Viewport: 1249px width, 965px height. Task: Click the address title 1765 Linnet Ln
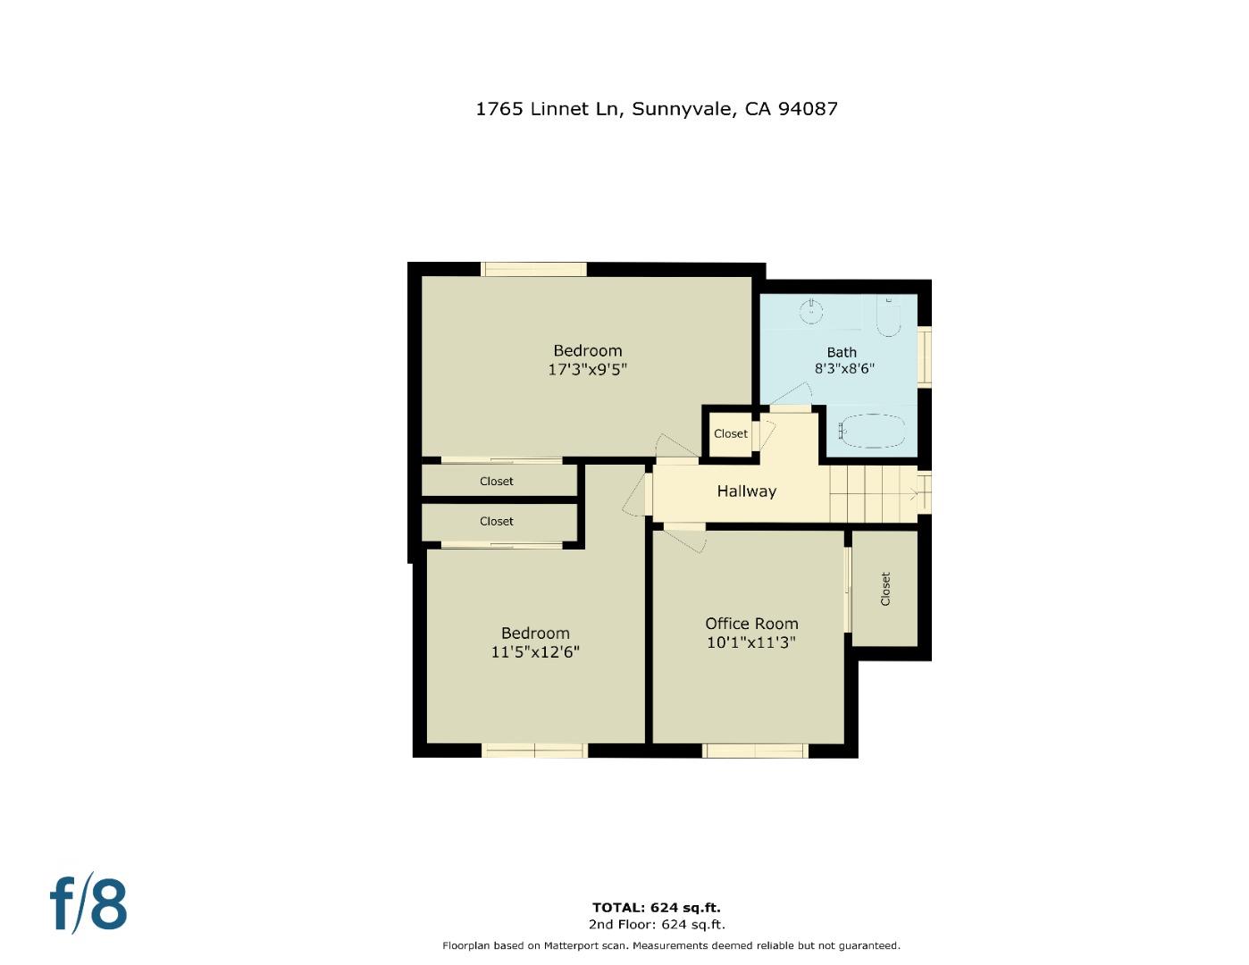pos(656,109)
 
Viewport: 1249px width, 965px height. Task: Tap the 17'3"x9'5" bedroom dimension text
pos(587,369)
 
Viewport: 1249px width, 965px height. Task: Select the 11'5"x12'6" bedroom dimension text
pos(534,652)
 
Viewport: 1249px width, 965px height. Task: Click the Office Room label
pos(751,624)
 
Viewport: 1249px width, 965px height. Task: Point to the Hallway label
pos(746,491)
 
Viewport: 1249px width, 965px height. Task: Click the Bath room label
pos(842,352)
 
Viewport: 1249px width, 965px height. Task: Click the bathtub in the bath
pos(874,432)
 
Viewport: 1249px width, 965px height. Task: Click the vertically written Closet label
pos(885,589)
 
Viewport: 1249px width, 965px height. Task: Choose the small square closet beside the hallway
pos(730,434)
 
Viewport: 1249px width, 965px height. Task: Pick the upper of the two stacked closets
pos(498,481)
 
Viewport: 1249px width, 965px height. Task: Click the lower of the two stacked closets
pos(498,521)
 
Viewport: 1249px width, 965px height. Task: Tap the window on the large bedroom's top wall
pos(534,269)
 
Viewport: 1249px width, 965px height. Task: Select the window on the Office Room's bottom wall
pos(755,751)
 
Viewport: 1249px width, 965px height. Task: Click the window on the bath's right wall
pos(925,357)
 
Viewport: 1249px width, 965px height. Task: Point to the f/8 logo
pos(88,904)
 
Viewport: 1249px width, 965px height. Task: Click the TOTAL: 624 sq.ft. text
pos(656,908)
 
